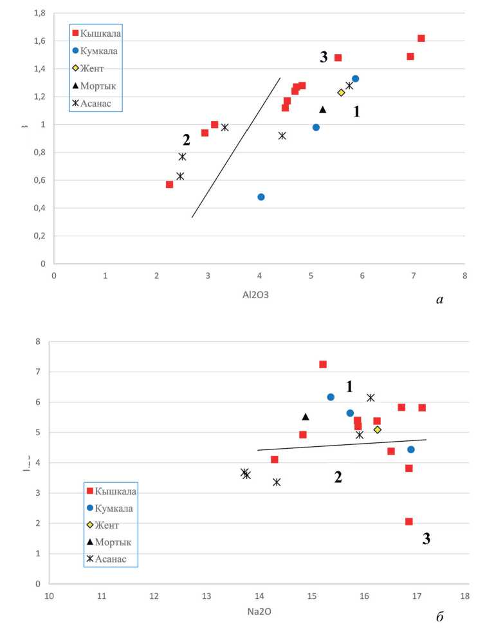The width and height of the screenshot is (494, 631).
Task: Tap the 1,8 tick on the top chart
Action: point(39,13)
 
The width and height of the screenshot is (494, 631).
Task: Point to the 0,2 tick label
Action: point(39,236)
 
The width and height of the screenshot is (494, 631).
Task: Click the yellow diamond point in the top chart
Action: point(342,93)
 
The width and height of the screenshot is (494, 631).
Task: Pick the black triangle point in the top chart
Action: point(323,109)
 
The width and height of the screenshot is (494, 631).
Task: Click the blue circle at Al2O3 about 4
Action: point(261,197)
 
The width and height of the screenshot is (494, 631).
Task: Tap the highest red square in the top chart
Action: point(421,38)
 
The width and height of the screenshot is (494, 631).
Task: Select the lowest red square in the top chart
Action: point(170,185)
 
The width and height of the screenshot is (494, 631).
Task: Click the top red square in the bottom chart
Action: point(323,364)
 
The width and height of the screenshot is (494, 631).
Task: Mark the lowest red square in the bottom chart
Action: point(409,522)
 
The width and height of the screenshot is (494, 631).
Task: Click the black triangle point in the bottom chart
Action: point(306,417)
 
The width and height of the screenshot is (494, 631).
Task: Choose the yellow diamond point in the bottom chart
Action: point(378,429)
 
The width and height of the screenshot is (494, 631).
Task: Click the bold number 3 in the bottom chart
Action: point(426,540)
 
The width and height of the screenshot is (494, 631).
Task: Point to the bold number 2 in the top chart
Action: point(187,139)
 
